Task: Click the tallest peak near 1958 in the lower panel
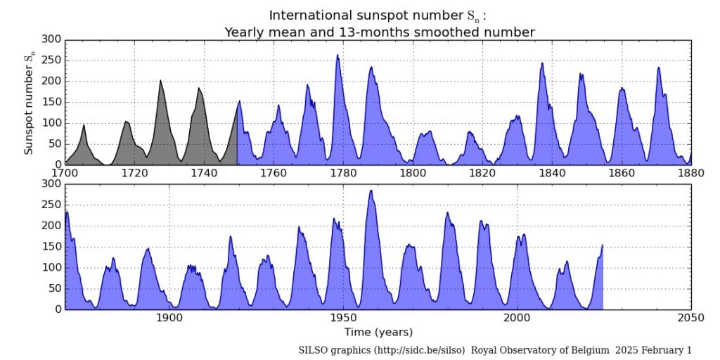(371, 191)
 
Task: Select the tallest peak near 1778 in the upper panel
(337, 56)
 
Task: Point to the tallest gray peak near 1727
(160, 82)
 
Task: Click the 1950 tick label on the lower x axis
(343, 318)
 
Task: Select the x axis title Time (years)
(378, 332)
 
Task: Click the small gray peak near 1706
(84, 126)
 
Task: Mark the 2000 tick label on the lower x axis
(517, 318)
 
